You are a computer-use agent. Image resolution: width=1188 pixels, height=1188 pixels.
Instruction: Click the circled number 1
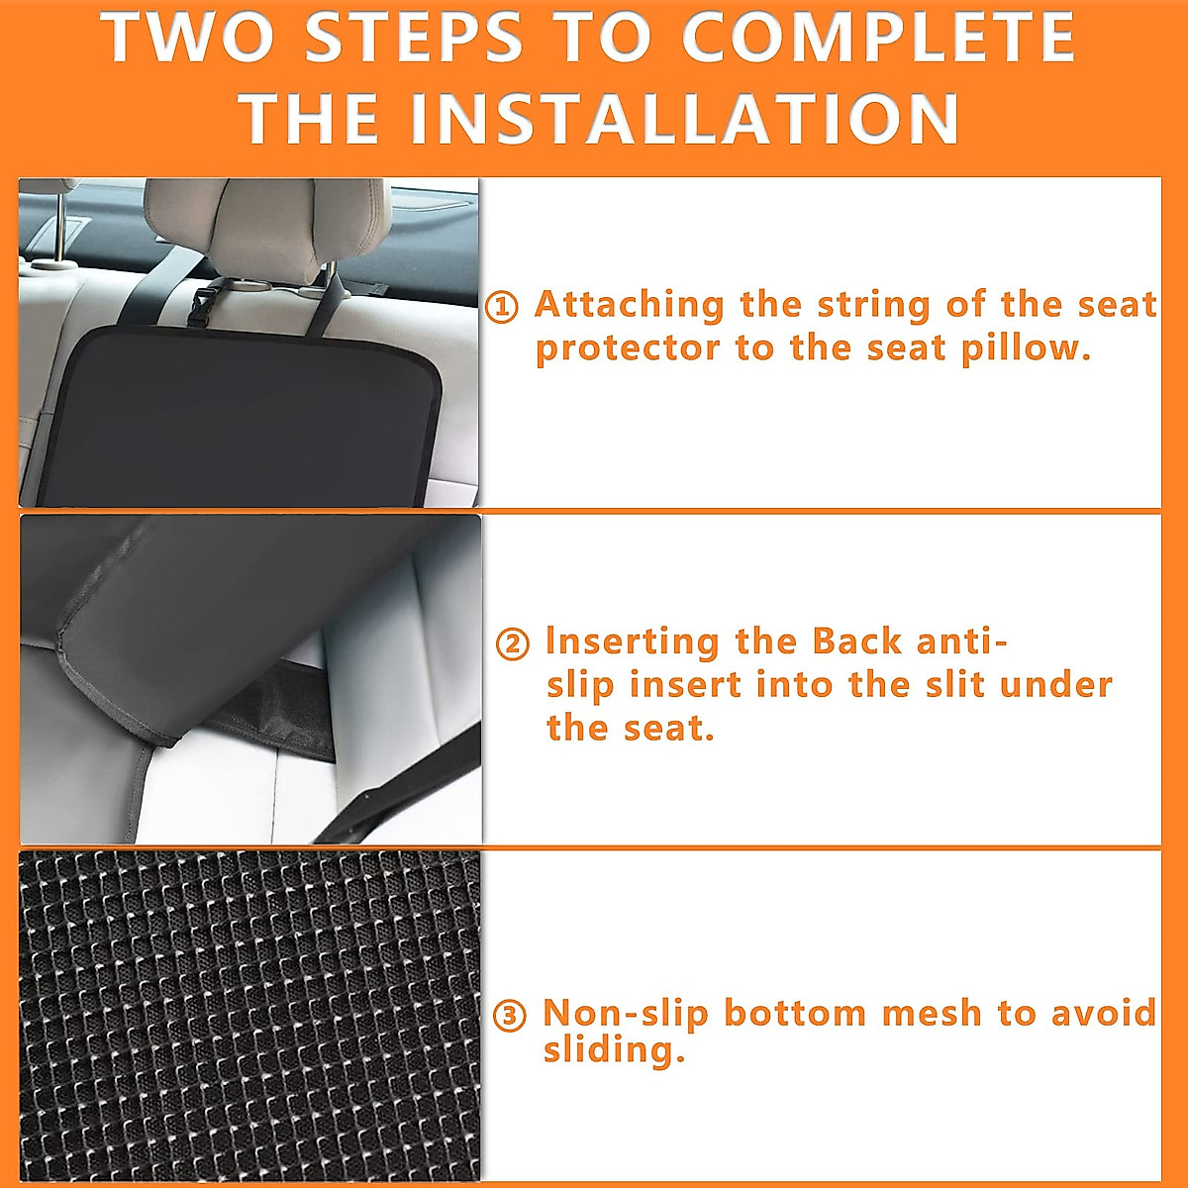coord(502,308)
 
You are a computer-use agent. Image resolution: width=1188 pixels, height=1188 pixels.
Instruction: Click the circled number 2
coord(512,644)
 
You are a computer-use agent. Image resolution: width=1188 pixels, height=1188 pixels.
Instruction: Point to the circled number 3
coord(509,1016)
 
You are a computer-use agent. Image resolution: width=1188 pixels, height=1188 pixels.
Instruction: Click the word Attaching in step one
coord(629,304)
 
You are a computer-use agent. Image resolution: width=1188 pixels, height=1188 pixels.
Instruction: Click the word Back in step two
coord(856,642)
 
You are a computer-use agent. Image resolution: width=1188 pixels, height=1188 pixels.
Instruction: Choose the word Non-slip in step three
coord(625,1013)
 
